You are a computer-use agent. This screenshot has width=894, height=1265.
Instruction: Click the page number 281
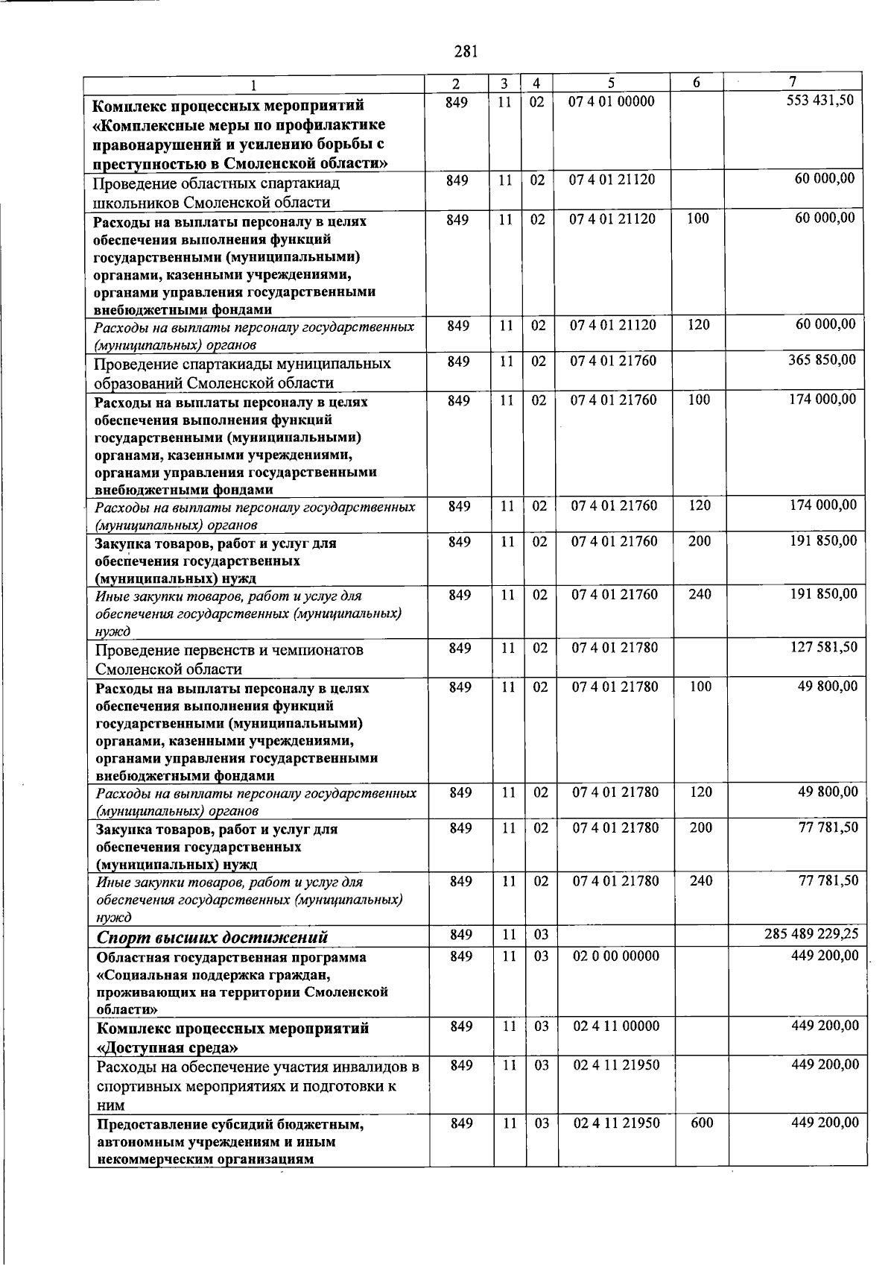(x=466, y=51)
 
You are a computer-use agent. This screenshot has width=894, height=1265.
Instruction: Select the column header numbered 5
(x=610, y=83)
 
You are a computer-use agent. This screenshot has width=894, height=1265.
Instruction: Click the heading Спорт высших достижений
(x=212, y=937)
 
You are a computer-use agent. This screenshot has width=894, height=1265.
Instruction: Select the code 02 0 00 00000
(x=616, y=956)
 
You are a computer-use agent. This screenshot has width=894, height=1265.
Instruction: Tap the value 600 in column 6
(x=702, y=1123)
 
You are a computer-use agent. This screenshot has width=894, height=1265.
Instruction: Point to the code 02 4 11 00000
(x=616, y=1026)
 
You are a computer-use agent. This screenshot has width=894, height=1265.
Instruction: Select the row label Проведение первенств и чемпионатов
(x=229, y=650)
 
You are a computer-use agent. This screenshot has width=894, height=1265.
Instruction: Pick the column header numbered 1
(x=254, y=84)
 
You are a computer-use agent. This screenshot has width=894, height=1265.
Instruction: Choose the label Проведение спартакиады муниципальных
(x=242, y=365)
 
